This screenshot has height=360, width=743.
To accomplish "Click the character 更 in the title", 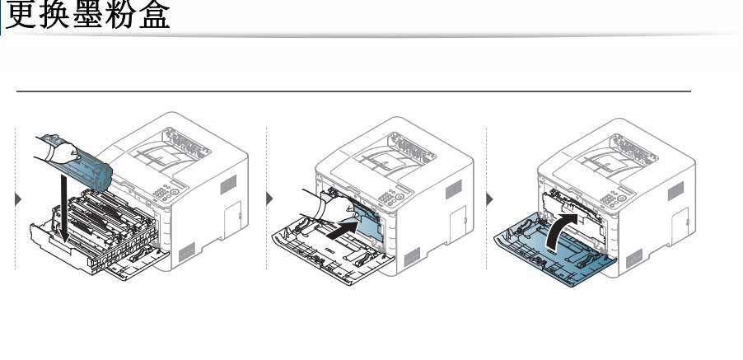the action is pyautogui.click(x=20, y=14).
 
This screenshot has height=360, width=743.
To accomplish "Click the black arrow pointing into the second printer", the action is pyautogui.click(x=342, y=231).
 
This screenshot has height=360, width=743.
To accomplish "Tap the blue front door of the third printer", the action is pyautogui.click(x=554, y=250).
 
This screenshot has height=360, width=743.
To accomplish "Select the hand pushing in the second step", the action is pyautogui.click(x=329, y=207).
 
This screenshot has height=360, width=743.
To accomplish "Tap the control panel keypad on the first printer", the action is pyautogui.click(x=166, y=194).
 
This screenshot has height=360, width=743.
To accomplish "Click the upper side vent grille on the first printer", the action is pyautogui.click(x=228, y=185).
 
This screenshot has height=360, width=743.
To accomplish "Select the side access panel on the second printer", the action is pyautogui.click(x=458, y=221).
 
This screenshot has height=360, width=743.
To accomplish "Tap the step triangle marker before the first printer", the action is pyautogui.click(x=18, y=199).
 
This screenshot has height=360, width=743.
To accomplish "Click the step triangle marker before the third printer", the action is pyautogui.click(x=489, y=199).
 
